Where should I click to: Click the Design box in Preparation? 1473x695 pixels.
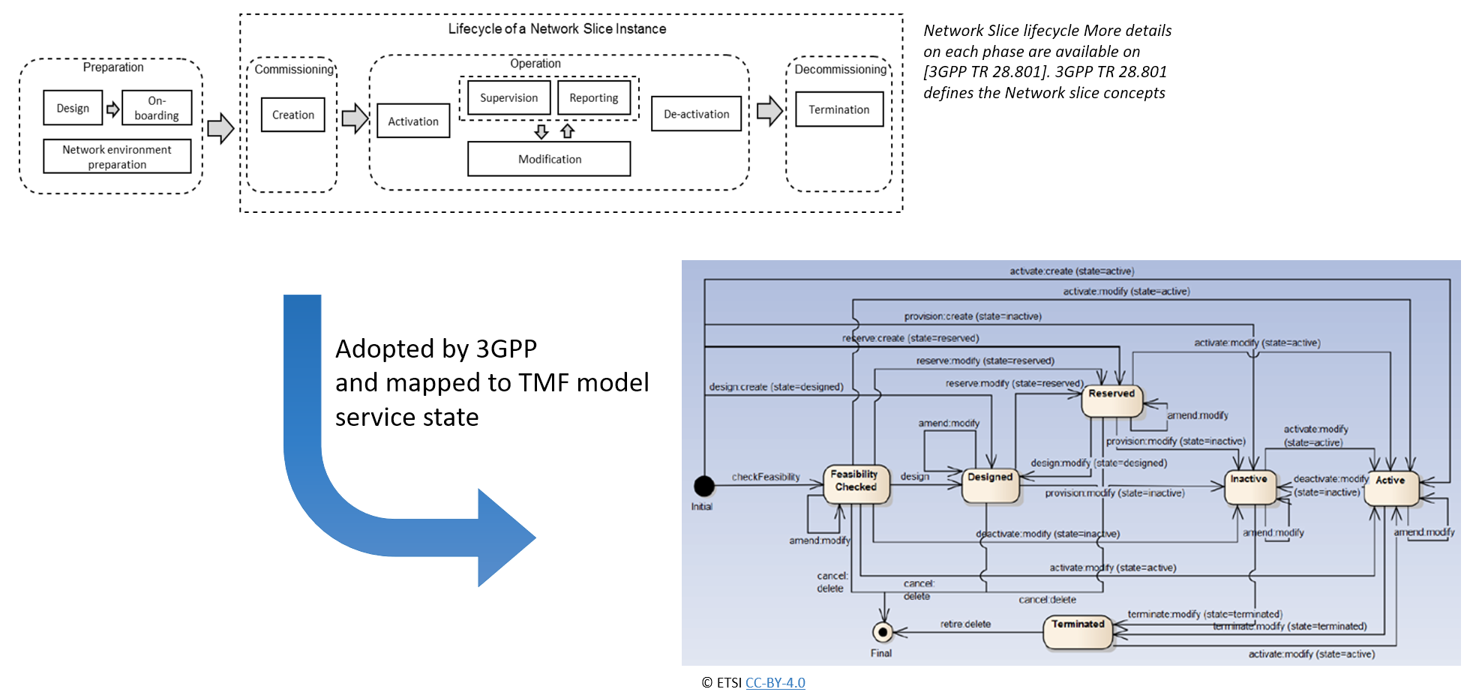point(73,108)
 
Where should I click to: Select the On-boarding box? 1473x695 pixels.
point(157,108)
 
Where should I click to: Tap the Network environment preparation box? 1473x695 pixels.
point(117,157)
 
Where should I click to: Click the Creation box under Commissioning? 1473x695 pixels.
point(293,115)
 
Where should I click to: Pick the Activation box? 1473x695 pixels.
point(413,121)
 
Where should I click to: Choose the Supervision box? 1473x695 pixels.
point(508,97)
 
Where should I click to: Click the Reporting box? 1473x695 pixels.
point(594,97)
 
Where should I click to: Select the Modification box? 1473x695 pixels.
point(549,159)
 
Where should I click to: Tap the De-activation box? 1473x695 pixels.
point(696,114)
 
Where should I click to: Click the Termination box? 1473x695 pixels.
point(839,109)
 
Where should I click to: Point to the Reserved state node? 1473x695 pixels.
point(1111,400)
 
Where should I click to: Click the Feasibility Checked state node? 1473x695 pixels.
point(856,484)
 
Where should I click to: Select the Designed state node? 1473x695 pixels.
point(991,485)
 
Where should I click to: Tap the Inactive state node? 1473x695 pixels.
point(1249,486)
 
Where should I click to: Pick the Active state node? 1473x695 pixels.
point(1391,487)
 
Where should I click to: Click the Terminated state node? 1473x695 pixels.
point(1078,631)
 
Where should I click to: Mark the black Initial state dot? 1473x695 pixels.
point(703,487)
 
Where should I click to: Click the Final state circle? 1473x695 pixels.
point(883,633)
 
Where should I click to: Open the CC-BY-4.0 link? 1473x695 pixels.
point(775,683)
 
